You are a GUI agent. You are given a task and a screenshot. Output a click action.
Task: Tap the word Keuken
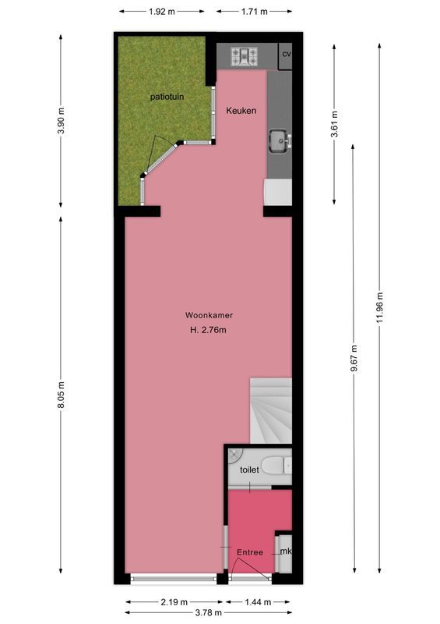(241, 111)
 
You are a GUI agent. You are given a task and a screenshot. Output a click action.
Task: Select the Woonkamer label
(209, 315)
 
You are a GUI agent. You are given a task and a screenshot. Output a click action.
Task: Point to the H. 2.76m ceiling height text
(208, 330)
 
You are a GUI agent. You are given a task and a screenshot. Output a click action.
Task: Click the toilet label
(248, 470)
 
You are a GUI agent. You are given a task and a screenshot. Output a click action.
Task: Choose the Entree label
(249, 552)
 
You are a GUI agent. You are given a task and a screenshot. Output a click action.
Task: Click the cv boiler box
(286, 54)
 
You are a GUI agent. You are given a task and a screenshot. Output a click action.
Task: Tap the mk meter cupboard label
(285, 551)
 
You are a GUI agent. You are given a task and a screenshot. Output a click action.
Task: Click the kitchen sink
(279, 142)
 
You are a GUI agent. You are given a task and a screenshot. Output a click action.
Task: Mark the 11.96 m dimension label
(379, 307)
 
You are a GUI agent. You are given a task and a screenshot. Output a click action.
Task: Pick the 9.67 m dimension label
(354, 360)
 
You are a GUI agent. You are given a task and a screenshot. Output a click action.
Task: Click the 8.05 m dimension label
(62, 396)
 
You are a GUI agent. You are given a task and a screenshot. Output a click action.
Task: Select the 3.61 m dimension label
(334, 125)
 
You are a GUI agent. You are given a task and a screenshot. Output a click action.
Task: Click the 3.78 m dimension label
(208, 613)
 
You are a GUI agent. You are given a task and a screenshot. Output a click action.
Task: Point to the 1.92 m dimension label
(162, 12)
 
